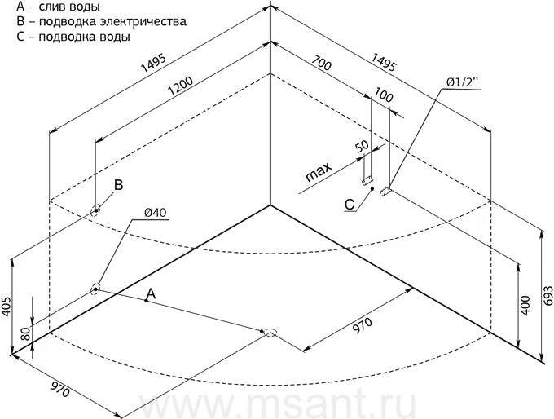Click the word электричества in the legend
[x=143, y=21]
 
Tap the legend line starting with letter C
[x=73, y=37]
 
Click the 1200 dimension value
[x=181, y=86]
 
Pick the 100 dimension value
[x=383, y=95]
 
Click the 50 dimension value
[x=361, y=147]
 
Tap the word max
[x=319, y=171]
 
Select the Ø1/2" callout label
[x=462, y=82]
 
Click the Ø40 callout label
[x=155, y=213]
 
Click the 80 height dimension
[x=26, y=333]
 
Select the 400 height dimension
[x=525, y=305]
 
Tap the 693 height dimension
[x=548, y=296]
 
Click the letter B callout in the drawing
[x=118, y=185]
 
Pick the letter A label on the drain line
[x=151, y=293]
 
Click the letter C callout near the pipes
[x=350, y=205]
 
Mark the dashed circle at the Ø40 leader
[x=95, y=289]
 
